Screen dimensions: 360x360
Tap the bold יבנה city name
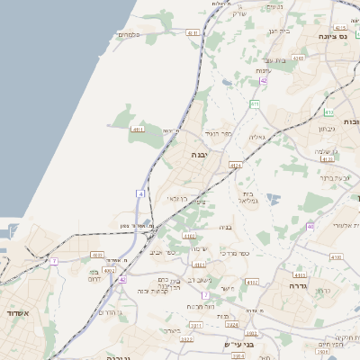(x=198, y=155)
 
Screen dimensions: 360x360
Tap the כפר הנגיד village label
(x=218, y=133)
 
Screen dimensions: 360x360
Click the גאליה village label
(x=256, y=137)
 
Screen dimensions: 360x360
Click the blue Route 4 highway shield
(x=140, y=193)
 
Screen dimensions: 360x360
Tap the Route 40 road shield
(x=309, y=226)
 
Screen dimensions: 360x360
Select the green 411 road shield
(x=255, y=104)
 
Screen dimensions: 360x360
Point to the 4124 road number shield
(x=235, y=166)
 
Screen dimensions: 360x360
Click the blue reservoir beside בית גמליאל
(x=273, y=198)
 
